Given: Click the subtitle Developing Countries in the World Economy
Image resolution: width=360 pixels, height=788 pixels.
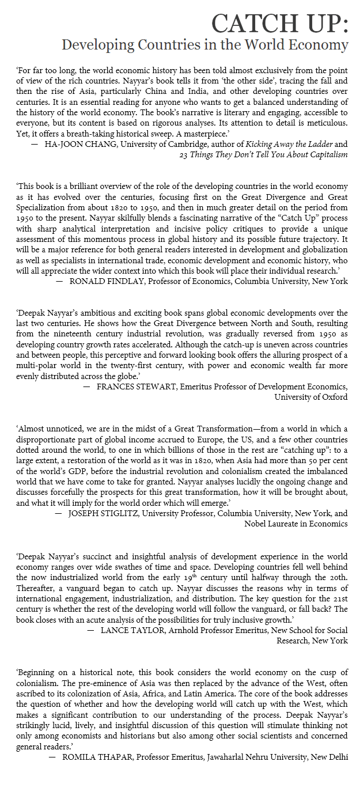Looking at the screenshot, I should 204,45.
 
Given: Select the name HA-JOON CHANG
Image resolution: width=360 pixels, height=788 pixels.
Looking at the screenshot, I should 72,145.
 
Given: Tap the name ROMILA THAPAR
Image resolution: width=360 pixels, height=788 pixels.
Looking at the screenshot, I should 93,757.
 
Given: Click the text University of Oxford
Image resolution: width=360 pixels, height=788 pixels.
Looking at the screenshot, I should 311,397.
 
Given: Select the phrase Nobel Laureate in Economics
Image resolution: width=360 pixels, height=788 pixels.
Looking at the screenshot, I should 295,524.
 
